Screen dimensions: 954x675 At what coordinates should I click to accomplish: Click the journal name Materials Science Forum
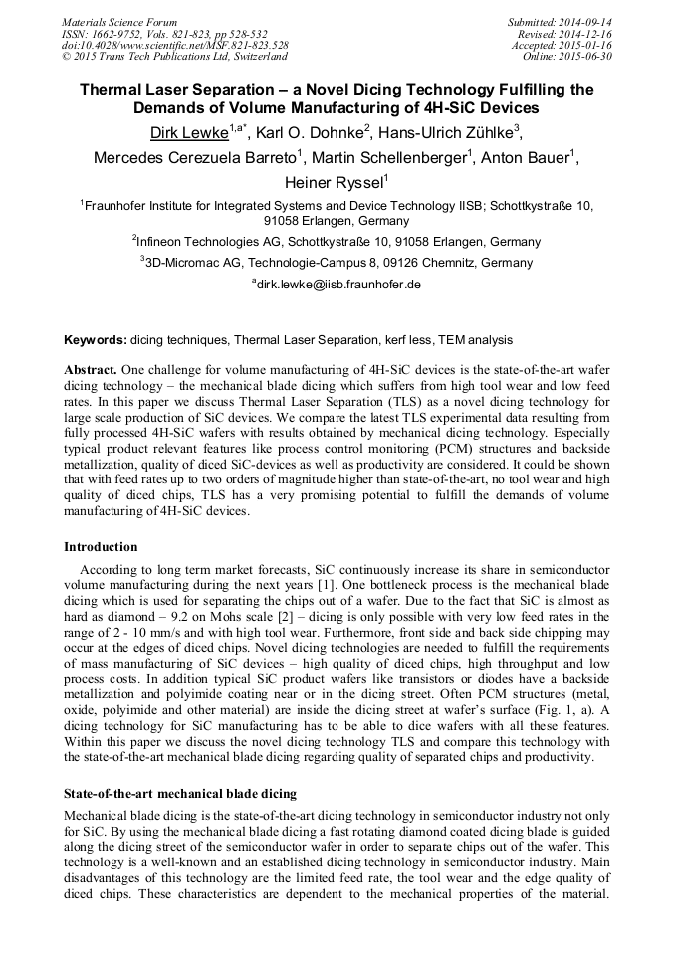click(x=119, y=21)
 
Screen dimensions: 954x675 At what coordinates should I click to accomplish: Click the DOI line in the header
click(x=174, y=45)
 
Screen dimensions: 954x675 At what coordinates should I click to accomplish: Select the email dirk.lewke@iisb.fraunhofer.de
click(x=339, y=285)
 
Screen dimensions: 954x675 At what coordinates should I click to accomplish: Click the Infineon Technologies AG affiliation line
click(x=337, y=242)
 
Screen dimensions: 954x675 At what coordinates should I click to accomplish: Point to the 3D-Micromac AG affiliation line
click(x=337, y=264)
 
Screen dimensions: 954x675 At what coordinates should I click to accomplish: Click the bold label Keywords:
click(x=95, y=340)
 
